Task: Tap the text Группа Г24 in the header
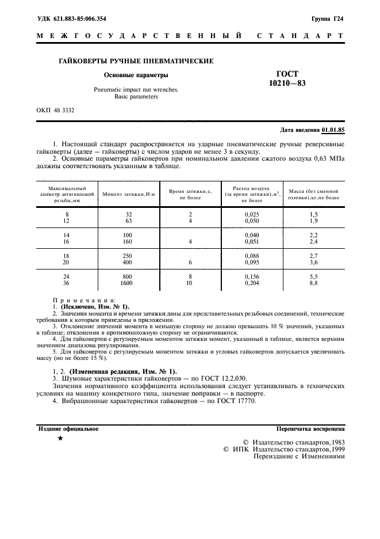pyautogui.click(x=328, y=18)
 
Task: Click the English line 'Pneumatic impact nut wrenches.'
pyautogui.click(x=136, y=90)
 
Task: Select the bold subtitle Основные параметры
pyautogui.click(x=136, y=75)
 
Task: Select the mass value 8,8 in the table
pyautogui.click(x=313, y=283)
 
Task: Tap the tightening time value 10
pyautogui.click(x=190, y=283)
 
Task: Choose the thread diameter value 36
pyautogui.click(x=66, y=283)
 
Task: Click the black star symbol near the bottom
pyautogui.click(x=60, y=439)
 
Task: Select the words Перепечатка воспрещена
pyautogui.click(x=310, y=429)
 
